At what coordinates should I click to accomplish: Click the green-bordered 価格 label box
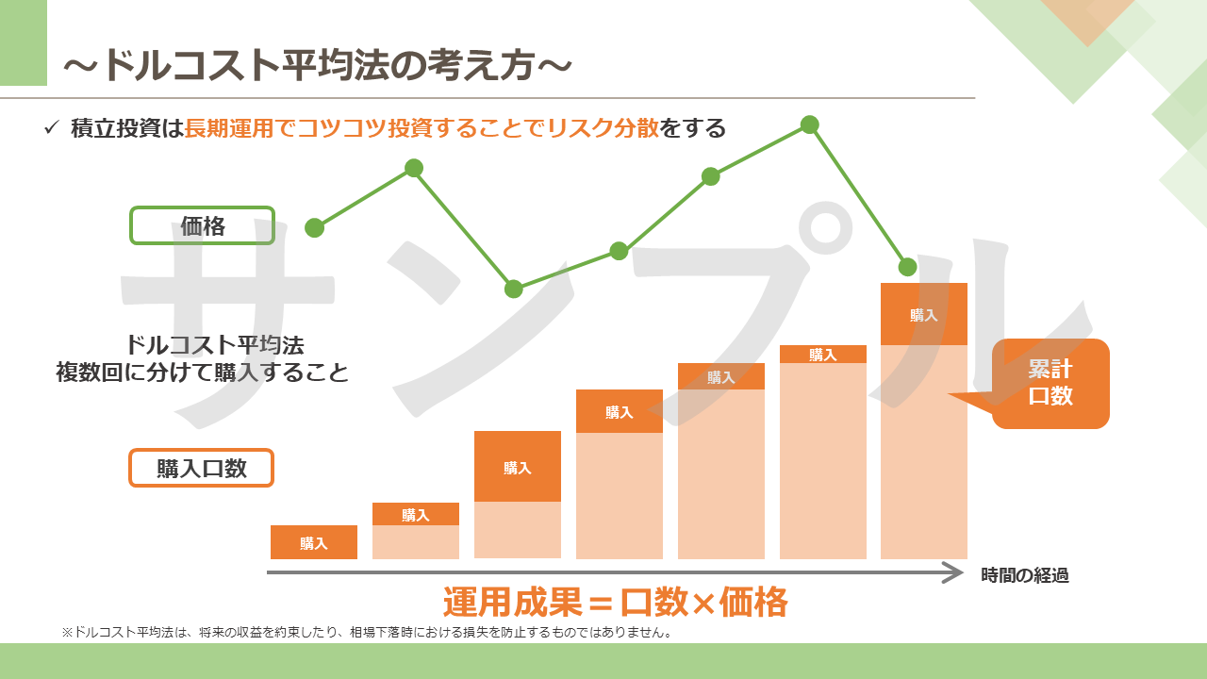202,225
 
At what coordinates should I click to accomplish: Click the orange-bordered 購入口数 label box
201,468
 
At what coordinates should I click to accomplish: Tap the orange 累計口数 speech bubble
1050,383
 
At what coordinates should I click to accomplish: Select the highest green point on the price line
809,125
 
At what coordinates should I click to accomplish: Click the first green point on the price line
315,228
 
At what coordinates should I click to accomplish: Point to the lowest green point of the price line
514,289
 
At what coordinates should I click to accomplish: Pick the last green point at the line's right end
908,267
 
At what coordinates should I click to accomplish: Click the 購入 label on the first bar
314,543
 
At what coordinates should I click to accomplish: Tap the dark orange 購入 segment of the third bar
518,466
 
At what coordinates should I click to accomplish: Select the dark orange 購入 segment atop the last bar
924,314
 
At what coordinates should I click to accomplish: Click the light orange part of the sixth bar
823,461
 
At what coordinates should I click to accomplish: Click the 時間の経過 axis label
1025,575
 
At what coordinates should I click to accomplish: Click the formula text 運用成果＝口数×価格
616,602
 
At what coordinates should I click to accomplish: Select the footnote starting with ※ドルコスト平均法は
368,632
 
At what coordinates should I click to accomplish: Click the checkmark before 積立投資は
51,128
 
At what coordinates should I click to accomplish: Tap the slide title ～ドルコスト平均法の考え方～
318,66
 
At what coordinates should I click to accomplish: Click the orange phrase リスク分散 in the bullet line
603,128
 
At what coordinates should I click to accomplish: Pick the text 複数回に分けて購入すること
203,373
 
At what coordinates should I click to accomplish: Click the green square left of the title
24,42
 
